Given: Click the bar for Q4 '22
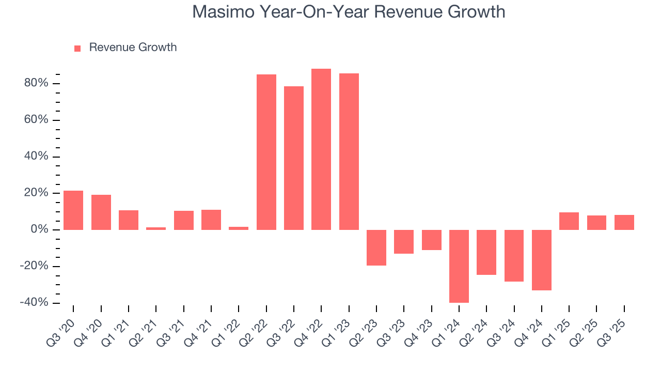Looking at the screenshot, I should pyautogui.click(x=321, y=149).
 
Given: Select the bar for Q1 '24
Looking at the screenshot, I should pyautogui.click(x=459, y=266).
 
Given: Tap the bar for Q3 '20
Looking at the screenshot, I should pyautogui.click(x=73, y=210).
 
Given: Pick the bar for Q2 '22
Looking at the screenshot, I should pyautogui.click(x=266, y=152).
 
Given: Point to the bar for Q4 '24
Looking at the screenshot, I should pyautogui.click(x=542, y=260).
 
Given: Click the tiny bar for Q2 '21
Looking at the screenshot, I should pyautogui.click(x=156, y=228).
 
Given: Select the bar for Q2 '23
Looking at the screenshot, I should pyautogui.click(x=376, y=247).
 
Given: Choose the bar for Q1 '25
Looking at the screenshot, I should pyautogui.click(x=569, y=221).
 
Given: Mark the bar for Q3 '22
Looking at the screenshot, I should pyautogui.click(x=294, y=158).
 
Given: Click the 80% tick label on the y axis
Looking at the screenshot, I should pyautogui.click(x=36, y=84).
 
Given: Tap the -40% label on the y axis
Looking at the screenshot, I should pyautogui.click(x=34, y=303).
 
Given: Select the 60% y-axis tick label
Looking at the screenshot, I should pyautogui.click(x=36, y=120).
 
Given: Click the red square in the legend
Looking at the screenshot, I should pyautogui.click(x=77, y=48).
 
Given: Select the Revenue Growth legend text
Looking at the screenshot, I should pyautogui.click(x=133, y=48).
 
